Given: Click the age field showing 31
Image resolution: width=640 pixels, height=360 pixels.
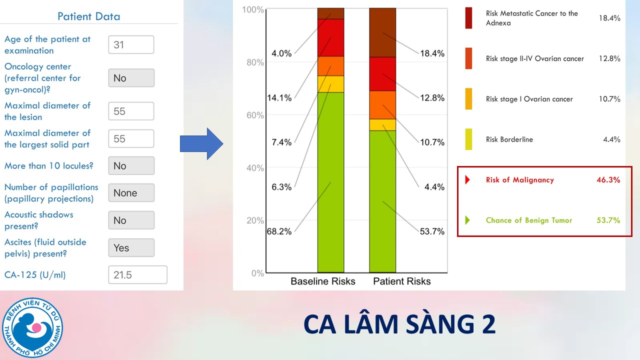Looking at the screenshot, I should point(131,44).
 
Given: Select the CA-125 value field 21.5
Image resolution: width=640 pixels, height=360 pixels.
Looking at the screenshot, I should point(137,275).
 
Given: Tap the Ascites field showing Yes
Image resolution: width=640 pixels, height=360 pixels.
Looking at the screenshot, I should point(131,248).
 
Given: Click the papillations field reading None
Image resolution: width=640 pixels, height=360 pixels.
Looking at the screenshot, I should point(131,193).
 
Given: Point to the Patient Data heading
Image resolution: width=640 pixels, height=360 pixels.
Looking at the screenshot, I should point(89,16).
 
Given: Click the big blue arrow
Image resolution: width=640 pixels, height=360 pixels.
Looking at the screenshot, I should point(201,143).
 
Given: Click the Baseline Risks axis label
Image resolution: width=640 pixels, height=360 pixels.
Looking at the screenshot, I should point(323,281).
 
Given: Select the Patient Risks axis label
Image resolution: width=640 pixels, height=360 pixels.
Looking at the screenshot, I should point(402,281).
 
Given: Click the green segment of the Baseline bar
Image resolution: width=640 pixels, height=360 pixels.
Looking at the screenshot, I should point(331,182).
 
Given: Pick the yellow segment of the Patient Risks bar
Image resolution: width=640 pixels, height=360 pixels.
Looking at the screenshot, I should point(382,124).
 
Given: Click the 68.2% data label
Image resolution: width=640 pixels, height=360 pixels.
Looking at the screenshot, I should point(279,231).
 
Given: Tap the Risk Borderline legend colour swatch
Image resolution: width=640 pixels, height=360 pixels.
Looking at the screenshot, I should point(468,139).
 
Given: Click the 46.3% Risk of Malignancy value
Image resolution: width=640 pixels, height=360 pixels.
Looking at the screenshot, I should point(608,180).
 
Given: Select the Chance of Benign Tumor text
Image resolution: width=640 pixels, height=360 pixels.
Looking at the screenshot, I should point(529,220).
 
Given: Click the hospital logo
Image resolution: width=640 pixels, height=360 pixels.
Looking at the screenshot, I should point(32,327).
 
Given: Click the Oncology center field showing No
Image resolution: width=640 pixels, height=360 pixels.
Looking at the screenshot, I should point(131,78).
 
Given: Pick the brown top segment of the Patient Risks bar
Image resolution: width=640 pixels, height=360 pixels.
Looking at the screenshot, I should point(382,32).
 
